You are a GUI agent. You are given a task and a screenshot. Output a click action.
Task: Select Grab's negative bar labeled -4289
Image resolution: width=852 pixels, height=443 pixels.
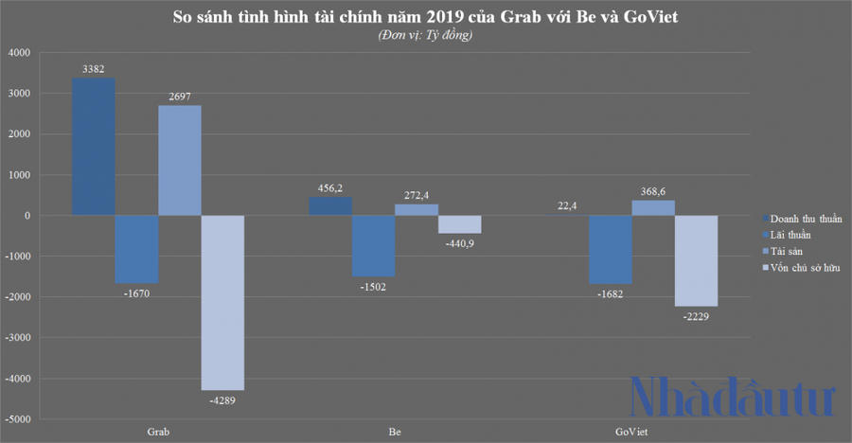[x=222, y=302]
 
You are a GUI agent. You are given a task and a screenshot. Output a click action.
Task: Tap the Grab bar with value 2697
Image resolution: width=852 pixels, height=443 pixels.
[x=180, y=160]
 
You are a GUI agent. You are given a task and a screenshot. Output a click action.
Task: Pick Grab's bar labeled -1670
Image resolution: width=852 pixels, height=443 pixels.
[x=136, y=249]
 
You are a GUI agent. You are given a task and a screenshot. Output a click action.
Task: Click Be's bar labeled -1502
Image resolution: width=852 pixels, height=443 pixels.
[x=374, y=245]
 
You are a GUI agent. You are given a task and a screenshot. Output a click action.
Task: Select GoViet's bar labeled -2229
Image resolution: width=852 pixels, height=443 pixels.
[x=695, y=260]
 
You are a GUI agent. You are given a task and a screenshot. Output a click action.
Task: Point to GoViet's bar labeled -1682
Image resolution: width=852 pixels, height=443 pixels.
[x=611, y=249]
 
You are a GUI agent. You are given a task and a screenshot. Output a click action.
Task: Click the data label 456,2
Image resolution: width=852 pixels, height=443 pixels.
[x=330, y=188]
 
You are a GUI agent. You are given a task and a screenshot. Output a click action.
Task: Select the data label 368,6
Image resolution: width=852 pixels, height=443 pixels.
[x=653, y=191]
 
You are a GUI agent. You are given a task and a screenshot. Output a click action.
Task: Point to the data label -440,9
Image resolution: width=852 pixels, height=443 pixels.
[x=459, y=242]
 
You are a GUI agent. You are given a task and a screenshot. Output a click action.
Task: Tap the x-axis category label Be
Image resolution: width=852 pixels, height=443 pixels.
[x=394, y=431]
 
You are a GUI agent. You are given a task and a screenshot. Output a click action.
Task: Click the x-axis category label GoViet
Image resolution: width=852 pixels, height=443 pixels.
[x=631, y=431]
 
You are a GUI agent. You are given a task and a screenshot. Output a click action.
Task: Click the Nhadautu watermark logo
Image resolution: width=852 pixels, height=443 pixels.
[x=734, y=396]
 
